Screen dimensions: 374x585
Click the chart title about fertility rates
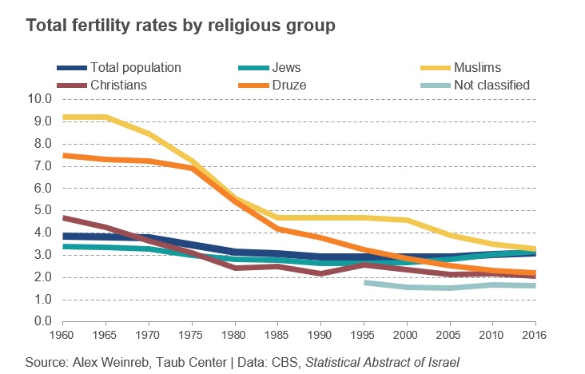click(180, 26)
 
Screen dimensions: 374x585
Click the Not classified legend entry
click(491, 85)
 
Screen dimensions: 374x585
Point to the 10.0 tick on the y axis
click(39, 99)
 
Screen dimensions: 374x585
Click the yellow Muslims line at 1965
click(106, 117)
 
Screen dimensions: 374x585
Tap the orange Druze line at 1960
click(63, 155)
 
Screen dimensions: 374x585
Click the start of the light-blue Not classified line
click(365, 282)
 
